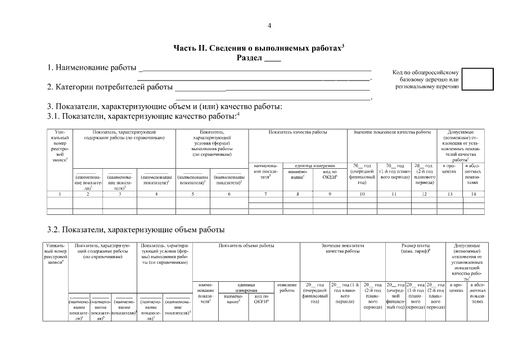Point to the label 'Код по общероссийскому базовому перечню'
pyautogui.click(x=426, y=80)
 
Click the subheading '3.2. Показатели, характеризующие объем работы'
pyautogui.click(x=136, y=229)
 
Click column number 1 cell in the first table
pyautogui.click(x=59, y=194)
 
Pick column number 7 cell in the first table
pyautogui.click(x=265, y=194)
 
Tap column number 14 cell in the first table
pyautogui.click(x=474, y=194)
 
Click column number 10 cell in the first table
pyautogui.click(x=362, y=194)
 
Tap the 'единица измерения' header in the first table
pyautogui.click(x=314, y=165)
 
